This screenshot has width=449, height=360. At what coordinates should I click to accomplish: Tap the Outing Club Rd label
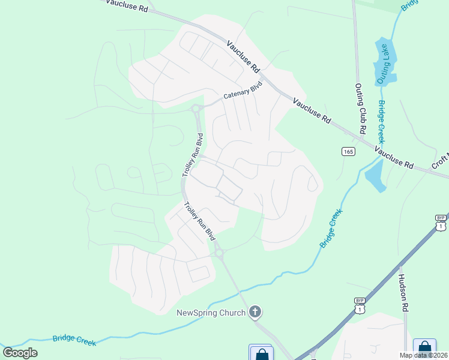coord(360,109)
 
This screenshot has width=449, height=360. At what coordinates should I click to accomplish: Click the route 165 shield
coord(348,152)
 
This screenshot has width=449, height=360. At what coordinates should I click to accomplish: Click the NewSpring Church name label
coord(211,312)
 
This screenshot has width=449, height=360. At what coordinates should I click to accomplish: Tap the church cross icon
coord(255,311)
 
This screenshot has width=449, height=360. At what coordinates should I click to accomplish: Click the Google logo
coord(20,353)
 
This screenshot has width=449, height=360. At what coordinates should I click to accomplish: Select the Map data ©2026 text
coord(423,355)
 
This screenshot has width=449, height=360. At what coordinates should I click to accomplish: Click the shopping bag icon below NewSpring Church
coord(262,354)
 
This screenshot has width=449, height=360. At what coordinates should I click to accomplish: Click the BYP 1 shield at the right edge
coord(441,223)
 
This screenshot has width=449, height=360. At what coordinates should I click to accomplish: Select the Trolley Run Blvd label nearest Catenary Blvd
coord(193,155)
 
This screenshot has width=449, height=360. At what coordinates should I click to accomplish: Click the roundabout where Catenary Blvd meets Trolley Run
coord(196,109)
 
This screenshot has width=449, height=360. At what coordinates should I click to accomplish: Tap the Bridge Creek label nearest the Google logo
coord(74,339)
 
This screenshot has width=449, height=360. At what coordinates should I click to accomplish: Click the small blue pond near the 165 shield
coord(373,175)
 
